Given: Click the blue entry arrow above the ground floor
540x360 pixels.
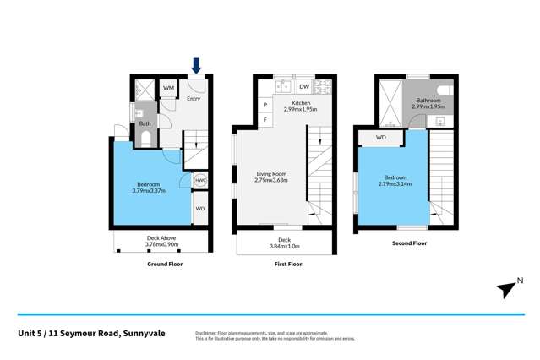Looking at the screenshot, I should click(196, 65).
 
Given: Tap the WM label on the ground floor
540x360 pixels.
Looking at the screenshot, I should click(168, 88).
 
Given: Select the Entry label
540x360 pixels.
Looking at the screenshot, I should click(194, 99).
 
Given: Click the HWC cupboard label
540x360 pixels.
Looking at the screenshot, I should click(200, 180).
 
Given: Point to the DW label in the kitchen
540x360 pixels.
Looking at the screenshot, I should click(303, 87).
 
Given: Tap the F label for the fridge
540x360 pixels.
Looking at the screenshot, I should click(265, 120).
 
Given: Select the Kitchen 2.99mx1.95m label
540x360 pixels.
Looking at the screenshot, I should click(301, 106).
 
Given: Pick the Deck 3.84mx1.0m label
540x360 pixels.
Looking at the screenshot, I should click(284, 243).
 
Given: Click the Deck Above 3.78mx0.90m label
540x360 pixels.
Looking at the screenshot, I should click(161, 242).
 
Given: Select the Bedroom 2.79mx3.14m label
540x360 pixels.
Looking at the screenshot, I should click(393, 180).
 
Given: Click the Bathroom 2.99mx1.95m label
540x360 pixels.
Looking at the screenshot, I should click(427, 104).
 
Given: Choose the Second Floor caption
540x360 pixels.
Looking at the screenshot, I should click(408, 243).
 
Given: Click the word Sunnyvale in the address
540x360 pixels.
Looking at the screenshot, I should click(142, 334).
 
